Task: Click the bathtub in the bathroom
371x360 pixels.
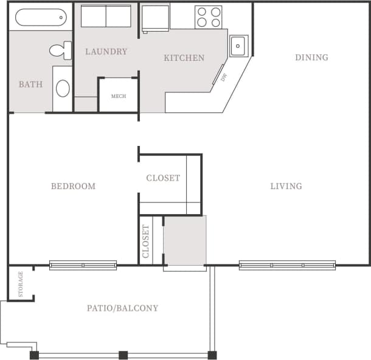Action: (40, 17)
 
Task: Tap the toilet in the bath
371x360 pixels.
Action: (61, 50)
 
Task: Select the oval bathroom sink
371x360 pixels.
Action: (63, 89)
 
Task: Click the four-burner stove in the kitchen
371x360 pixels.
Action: (208, 17)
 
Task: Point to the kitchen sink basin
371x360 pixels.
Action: (238, 45)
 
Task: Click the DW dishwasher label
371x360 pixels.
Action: (223, 77)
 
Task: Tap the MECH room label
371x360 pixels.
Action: (118, 96)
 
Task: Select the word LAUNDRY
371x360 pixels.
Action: (106, 52)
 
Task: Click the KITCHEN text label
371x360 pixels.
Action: (184, 58)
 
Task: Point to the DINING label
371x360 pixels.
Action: (311, 58)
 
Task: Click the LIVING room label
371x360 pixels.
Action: (286, 186)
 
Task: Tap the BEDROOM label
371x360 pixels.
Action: (73, 186)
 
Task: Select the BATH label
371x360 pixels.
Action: (30, 85)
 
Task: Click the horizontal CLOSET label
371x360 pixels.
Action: (163, 178)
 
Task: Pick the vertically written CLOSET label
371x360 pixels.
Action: (146, 241)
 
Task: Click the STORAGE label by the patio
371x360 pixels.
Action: (21, 283)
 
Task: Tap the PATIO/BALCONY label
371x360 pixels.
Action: (122, 308)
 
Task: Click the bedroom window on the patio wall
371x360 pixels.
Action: (83, 265)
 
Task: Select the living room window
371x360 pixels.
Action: (287, 265)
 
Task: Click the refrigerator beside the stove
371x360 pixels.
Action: (155, 17)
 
